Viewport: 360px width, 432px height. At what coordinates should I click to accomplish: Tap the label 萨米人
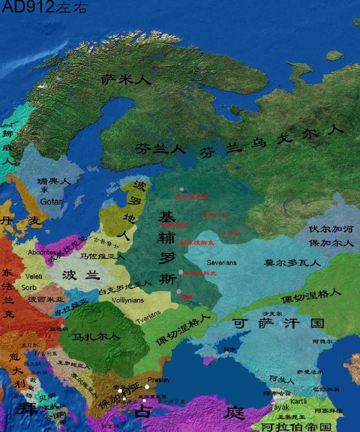(126, 80)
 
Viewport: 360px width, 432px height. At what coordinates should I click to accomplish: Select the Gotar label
(51, 201)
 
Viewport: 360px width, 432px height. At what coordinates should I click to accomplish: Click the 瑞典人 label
(53, 182)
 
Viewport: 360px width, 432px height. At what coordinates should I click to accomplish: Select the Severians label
(222, 262)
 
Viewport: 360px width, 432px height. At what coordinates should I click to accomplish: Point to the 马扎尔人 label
(97, 336)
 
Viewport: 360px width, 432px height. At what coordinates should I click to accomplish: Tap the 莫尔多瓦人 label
(292, 262)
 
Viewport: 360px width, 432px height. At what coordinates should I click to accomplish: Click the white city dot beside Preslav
(147, 387)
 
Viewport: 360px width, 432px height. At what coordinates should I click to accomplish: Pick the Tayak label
(280, 407)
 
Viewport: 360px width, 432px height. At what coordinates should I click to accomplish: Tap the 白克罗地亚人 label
(125, 292)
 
